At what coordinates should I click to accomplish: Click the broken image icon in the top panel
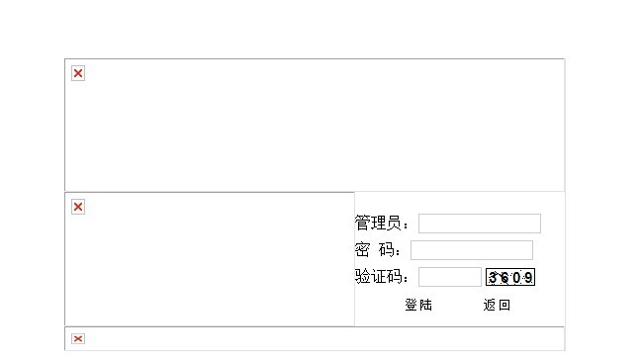[78, 73]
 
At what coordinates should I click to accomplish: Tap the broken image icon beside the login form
[78, 207]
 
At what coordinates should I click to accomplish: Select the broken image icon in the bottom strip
[78, 339]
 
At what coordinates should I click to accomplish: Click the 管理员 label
[378, 224]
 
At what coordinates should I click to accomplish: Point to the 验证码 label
[378, 277]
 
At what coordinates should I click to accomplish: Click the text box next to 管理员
[480, 224]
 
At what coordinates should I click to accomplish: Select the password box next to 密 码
[472, 250]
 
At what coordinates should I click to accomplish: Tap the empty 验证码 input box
[450, 277]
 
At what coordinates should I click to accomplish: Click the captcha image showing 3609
[510, 277]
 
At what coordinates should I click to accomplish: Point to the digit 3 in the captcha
[493, 278]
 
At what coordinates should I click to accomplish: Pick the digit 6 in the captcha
[504, 278]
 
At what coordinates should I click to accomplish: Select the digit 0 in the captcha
[516, 278]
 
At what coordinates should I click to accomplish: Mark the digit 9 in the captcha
[528, 278]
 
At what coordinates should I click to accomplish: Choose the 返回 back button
[497, 305]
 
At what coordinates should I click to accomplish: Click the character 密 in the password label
[362, 249]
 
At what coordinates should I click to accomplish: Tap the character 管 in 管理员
[362, 224]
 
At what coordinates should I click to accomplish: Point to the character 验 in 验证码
[362, 277]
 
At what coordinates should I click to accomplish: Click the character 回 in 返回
[504, 306]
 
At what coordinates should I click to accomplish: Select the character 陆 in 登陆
[425, 305]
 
